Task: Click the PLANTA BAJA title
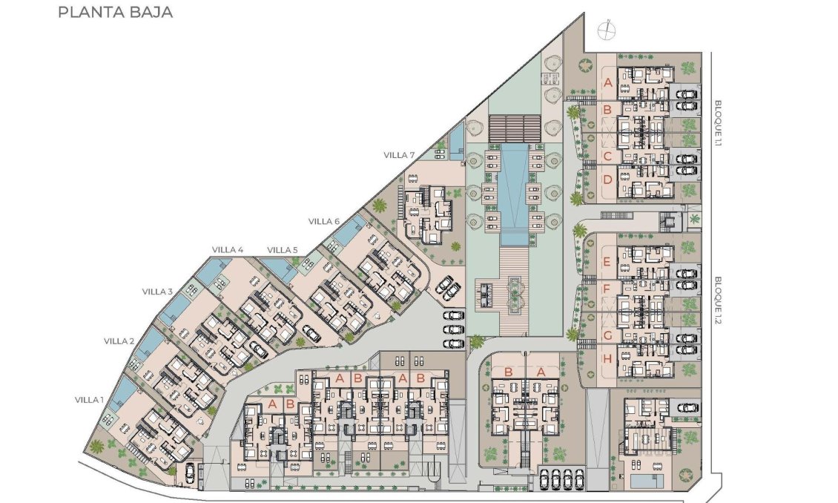115,13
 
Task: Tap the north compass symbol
606,30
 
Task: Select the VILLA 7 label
399,154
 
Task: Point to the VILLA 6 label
324,221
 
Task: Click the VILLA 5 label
283,249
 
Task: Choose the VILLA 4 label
228,249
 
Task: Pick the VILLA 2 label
119,341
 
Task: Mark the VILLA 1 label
90,399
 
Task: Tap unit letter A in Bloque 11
607,82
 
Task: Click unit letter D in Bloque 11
607,179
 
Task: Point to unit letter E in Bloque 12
607,261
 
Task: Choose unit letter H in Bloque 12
607,359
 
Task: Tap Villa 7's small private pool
456,137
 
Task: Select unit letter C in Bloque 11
607,156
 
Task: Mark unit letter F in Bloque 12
607,288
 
